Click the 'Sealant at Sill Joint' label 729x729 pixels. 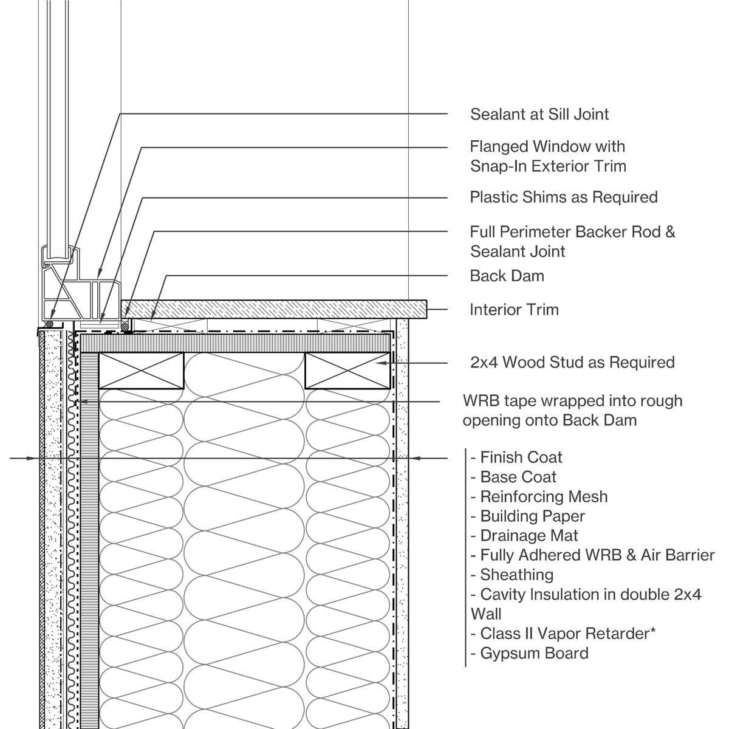pyautogui.click(x=539, y=114)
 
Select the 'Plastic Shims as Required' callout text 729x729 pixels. pyautogui.click(x=563, y=197)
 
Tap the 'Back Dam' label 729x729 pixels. pyautogui.click(x=507, y=276)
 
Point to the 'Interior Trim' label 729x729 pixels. pyautogui.click(x=514, y=310)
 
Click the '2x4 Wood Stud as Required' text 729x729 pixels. pyautogui.click(x=572, y=363)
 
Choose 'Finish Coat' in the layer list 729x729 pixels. pyautogui.click(x=521, y=457)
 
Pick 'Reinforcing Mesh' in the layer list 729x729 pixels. pyautogui.click(x=543, y=497)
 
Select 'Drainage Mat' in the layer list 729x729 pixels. pyautogui.click(x=529, y=536)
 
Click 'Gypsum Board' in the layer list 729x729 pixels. pyautogui.click(x=534, y=654)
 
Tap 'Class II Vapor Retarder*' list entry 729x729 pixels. pyautogui.click(x=567, y=634)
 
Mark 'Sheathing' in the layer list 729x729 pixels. pyautogui.click(x=516, y=575)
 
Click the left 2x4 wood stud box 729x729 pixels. pyautogui.click(x=142, y=370)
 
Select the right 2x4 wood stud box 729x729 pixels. pyautogui.click(x=347, y=370)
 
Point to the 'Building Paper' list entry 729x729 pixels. pyautogui.click(x=532, y=516)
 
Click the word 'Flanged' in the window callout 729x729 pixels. pyautogui.click(x=499, y=146)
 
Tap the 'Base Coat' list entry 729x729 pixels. pyautogui.click(x=518, y=477)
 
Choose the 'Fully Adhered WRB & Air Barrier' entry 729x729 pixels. pyautogui.click(x=597, y=555)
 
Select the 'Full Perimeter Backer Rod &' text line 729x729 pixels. pyautogui.click(x=572, y=232)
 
